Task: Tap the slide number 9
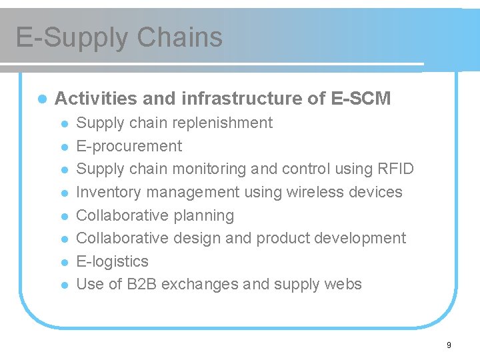[449, 345]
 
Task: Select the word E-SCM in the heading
[361, 99]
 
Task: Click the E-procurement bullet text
[129, 146]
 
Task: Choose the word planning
[204, 215]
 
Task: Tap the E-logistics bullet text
[113, 261]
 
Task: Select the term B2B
[139, 284]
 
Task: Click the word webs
[345, 284]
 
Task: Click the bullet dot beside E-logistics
[64, 262]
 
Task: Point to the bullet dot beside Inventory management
[64, 193]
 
